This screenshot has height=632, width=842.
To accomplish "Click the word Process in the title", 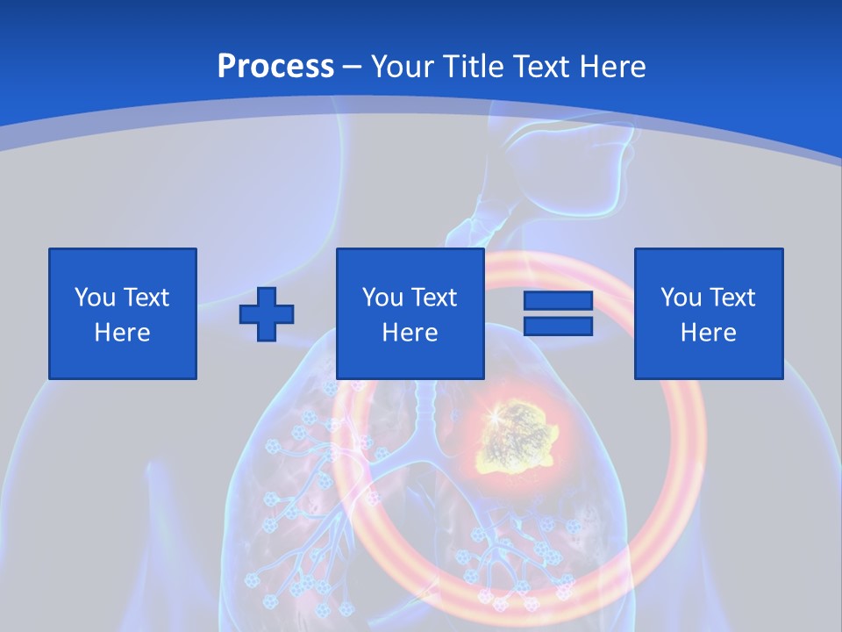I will point(275,67).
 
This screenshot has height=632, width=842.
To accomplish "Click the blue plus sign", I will point(267,313).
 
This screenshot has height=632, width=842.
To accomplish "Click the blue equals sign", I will point(558,313).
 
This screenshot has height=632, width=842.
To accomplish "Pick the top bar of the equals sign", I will point(558,301).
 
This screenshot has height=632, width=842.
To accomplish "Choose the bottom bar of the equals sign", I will point(558,326).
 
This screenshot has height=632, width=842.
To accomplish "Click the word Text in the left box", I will point(146,298).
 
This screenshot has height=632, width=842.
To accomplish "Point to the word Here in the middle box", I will point(410,333).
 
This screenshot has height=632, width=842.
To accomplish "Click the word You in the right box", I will point(681,298).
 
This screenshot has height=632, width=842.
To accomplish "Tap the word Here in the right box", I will point(708,333).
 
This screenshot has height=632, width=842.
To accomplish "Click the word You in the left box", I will point(95,298).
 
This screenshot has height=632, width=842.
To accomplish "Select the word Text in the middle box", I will point(433,298).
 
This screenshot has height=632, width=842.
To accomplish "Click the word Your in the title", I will point(403,67).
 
